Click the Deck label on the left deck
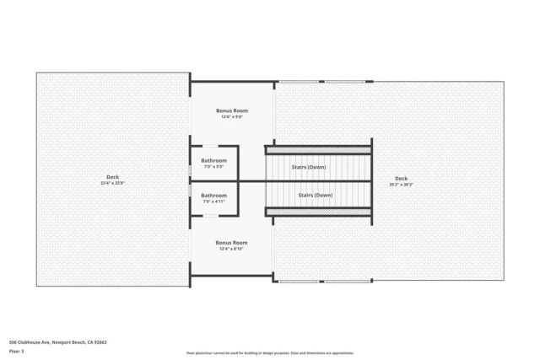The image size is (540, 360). [x=112, y=177]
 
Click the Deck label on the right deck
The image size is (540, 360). [x=401, y=178]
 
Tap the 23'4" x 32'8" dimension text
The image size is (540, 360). [x=112, y=183]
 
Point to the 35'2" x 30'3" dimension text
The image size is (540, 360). [x=401, y=184]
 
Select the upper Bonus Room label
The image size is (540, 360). [x=230, y=110]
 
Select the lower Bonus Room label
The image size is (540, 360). [x=230, y=243]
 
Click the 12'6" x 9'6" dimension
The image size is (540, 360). [x=230, y=116]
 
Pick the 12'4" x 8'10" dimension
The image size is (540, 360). [x=230, y=249]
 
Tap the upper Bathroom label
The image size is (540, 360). [x=213, y=160]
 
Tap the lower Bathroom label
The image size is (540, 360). [x=213, y=196]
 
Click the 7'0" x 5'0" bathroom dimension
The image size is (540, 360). [x=213, y=166]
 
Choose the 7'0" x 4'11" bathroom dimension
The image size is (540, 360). [x=213, y=201]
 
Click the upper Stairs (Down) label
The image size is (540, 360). [x=309, y=167]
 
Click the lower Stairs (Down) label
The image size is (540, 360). [x=316, y=196]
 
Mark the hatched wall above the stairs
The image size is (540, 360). [x=318, y=150]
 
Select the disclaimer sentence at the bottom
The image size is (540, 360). [x=270, y=353]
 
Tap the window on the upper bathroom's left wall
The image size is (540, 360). [x=191, y=167]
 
